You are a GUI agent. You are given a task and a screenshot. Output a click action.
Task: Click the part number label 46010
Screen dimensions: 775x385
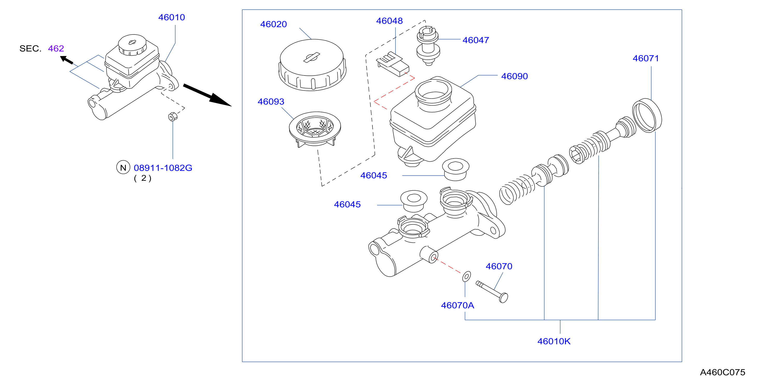171,17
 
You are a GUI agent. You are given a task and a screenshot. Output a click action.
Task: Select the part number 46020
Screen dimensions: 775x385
273,24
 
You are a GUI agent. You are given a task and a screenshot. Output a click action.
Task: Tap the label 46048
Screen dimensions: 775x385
389,21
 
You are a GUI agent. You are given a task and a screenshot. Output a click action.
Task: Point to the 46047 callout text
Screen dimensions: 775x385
476,40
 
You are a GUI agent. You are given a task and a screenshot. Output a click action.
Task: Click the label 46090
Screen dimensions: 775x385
514,76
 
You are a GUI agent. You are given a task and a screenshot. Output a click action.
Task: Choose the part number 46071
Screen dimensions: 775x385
646,58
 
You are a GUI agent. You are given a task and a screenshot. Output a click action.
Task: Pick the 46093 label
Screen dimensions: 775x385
271,102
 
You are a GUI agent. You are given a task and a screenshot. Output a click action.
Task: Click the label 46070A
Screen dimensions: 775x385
458,306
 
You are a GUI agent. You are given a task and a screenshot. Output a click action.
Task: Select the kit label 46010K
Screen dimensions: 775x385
554,341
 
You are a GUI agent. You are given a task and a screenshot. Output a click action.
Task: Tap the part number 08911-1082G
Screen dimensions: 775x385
163,168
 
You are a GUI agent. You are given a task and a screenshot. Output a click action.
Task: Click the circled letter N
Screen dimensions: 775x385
123,167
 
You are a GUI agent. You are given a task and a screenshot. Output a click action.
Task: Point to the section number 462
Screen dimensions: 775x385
56,49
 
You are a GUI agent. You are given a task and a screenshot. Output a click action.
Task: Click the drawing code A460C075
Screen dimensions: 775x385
723,372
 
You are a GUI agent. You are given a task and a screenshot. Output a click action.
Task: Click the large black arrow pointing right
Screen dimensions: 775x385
207,95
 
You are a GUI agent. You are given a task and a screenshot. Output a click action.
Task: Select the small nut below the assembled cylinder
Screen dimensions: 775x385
173,116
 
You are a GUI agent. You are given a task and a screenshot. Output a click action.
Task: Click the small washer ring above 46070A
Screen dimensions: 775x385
467,276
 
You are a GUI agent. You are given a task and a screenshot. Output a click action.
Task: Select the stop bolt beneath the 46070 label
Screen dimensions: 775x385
492,291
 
